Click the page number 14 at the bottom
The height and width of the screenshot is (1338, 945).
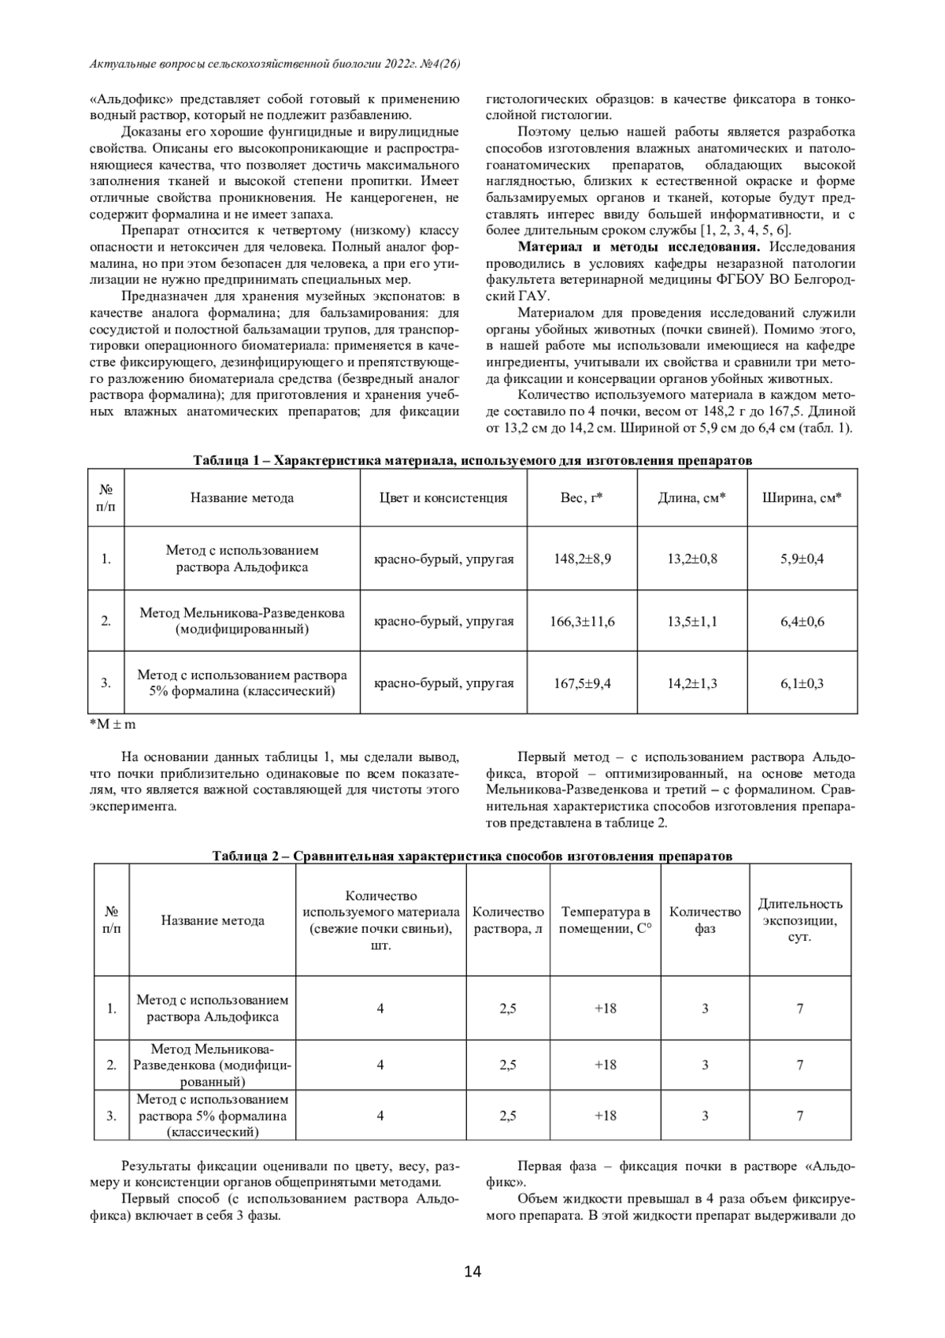(x=472, y=1270)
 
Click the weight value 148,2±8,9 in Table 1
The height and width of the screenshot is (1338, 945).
(x=582, y=559)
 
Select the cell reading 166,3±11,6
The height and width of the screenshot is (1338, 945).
(x=582, y=621)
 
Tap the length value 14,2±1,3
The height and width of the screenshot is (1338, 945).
(x=692, y=683)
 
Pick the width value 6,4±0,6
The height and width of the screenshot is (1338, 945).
(x=802, y=621)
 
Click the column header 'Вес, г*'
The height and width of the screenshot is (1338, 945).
(x=582, y=497)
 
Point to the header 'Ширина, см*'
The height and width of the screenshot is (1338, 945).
(x=802, y=497)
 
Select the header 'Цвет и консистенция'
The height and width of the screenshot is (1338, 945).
(x=443, y=497)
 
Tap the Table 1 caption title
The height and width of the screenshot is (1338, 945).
(x=472, y=460)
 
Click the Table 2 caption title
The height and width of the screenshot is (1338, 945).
(x=472, y=856)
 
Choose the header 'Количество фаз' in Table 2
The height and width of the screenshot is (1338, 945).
(x=705, y=920)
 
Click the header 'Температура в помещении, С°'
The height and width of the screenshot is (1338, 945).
(x=605, y=920)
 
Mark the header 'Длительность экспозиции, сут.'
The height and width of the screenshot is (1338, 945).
(x=800, y=920)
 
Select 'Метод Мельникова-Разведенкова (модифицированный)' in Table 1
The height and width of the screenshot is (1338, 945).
(x=242, y=621)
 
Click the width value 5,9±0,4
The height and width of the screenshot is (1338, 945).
(x=802, y=559)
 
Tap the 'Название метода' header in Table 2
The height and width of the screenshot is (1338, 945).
(x=213, y=920)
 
